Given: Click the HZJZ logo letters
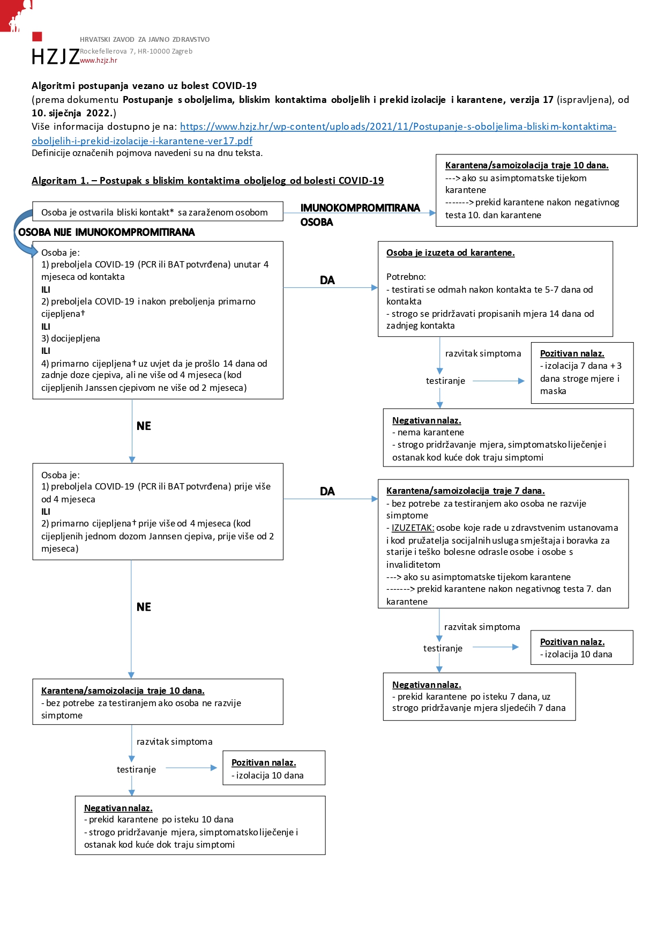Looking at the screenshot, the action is click(55, 56).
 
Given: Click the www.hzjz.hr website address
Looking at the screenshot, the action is click(99, 61).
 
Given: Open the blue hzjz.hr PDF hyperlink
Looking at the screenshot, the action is click(324, 134).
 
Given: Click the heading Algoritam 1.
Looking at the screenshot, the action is click(207, 181).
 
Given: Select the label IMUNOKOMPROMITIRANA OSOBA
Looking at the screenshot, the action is click(360, 214).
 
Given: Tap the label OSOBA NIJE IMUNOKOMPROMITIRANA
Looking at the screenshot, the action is click(107, 232).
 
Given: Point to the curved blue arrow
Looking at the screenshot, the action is click(23, 232).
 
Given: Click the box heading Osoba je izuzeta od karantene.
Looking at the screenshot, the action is click(450, 253).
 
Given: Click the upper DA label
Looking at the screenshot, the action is click(327, 280).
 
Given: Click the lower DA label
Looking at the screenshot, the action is click(327, 491).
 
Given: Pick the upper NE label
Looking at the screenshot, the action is click(144, 426).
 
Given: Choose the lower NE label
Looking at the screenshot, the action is click(144, 606).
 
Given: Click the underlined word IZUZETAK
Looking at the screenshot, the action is click(413, 528).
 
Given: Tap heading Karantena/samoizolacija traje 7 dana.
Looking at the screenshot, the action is click(465, 491).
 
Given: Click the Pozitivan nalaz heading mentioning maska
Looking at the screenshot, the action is click(572, 353).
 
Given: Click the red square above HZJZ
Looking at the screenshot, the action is click(37, 36).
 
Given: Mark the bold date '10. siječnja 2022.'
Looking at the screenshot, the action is click(72, 113).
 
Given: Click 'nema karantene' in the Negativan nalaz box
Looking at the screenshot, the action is click(431, 432).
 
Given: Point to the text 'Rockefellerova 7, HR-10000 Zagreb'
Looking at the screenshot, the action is click(136, 51).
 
